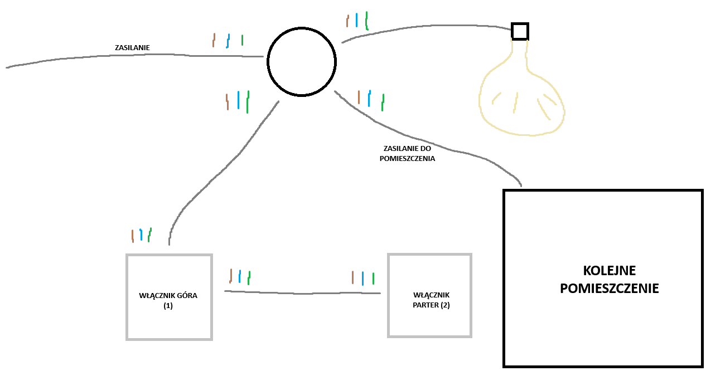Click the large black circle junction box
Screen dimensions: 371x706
301,61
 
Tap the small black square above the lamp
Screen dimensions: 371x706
520,31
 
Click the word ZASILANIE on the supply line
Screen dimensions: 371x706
132,48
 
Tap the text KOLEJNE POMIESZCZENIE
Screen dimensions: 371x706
609,280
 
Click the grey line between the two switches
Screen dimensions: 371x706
301,292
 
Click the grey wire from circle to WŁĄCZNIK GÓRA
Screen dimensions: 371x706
223,167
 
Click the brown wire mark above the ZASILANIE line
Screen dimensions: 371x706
214,40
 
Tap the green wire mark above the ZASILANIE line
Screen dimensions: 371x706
242,40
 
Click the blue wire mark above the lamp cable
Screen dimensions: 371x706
356,20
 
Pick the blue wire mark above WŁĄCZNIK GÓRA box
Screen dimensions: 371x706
141,235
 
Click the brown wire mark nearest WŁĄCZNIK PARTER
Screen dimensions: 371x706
352,277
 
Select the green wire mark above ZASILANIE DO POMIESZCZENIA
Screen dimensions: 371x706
383,102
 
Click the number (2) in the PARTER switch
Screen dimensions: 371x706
445,305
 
